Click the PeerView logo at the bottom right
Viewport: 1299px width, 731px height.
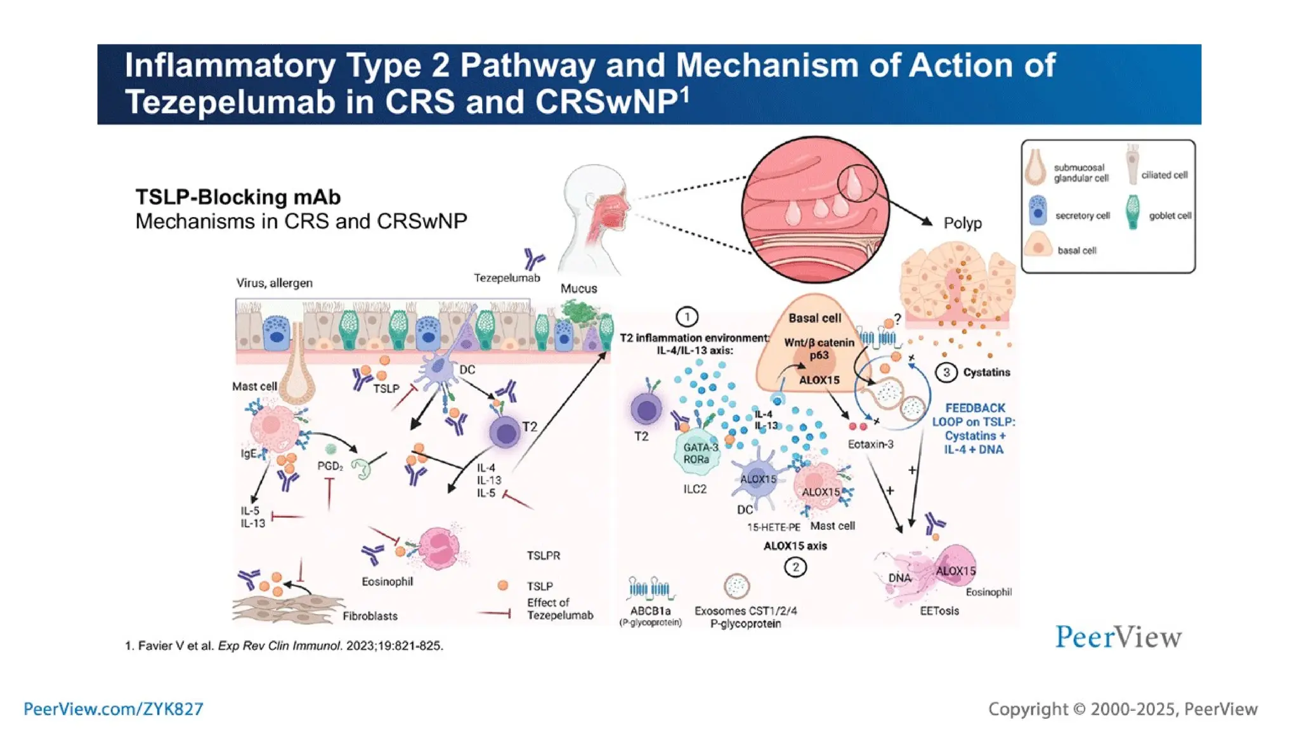pyautogui.click(x=1118, y=636)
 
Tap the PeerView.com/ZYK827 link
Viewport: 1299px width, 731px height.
pyautogui.click(x=113, y=709)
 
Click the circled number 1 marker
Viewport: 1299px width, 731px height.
pyautogui.click(x=687, y=316)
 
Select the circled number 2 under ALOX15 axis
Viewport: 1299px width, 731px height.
pyautogui.click(x=795, y=567)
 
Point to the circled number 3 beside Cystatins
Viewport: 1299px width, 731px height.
pyautogui.click(x=946, y=372)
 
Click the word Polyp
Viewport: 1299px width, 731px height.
pyautogui.click(x=962, y=223)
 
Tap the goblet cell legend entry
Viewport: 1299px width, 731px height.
pyautogui.click(x=1170, y=216)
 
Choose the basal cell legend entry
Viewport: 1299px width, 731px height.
pyautogui.click(x=1076, y=251)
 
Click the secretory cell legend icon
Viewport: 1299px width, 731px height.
pyautogui.click(x=1038, y=211)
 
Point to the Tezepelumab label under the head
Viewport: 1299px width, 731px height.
pyautogui.click(x=507, y=278)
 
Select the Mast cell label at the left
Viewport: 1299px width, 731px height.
pyautogui.click(x=254, y=386)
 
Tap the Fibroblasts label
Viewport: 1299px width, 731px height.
pyautogui.click(x=370, y=616)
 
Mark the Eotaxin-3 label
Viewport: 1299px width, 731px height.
pyautogui.click(x=870, y=444)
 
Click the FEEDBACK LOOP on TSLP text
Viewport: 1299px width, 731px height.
pyautogui.click(x=974, y=428)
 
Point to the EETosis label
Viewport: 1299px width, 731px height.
pyautogui.click(x=939, y=611)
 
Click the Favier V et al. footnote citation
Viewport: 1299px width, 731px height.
pyautogui.click(x=284, y=646)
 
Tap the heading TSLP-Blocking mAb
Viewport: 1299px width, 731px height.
pyautogui.click(x=238, y=197)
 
